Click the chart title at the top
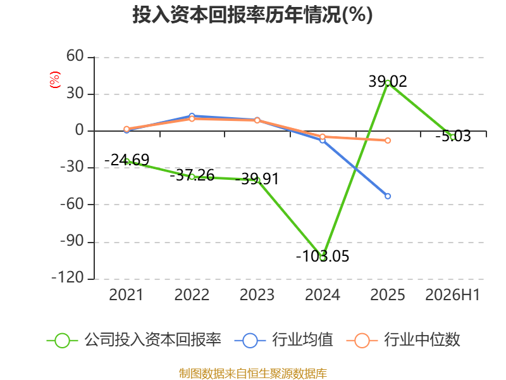[x=252, y=15]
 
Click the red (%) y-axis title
[x=55, y=80]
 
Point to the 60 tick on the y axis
[x=75, y=56]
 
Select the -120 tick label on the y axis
[x=68, y=277]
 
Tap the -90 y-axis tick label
[x=72, y=241]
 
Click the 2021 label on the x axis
[x=126, y=294]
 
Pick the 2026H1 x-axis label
[x=453, y=294]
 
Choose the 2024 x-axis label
[x=323, y=294]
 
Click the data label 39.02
[x=388, y=82]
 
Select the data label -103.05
[x=323, y=256]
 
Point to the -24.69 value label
[x=127, y=160]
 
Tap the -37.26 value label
[x=192, y=175]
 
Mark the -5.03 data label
[x=453, y=136]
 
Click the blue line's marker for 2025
[x=388, y=196]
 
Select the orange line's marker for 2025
[x=388, y=141]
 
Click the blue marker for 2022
[x=192, y=116]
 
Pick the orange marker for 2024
[x=323, y=137]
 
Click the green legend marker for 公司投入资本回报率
[x=62, y=341]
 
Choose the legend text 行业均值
[x=302, y=340]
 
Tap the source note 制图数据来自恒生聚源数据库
[x=252, y=374]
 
